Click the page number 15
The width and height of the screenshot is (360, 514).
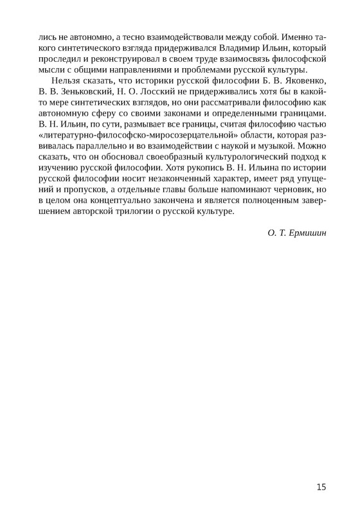click(x=321, y=487)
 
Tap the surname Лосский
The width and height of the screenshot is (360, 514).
click(x=168, y=94)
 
